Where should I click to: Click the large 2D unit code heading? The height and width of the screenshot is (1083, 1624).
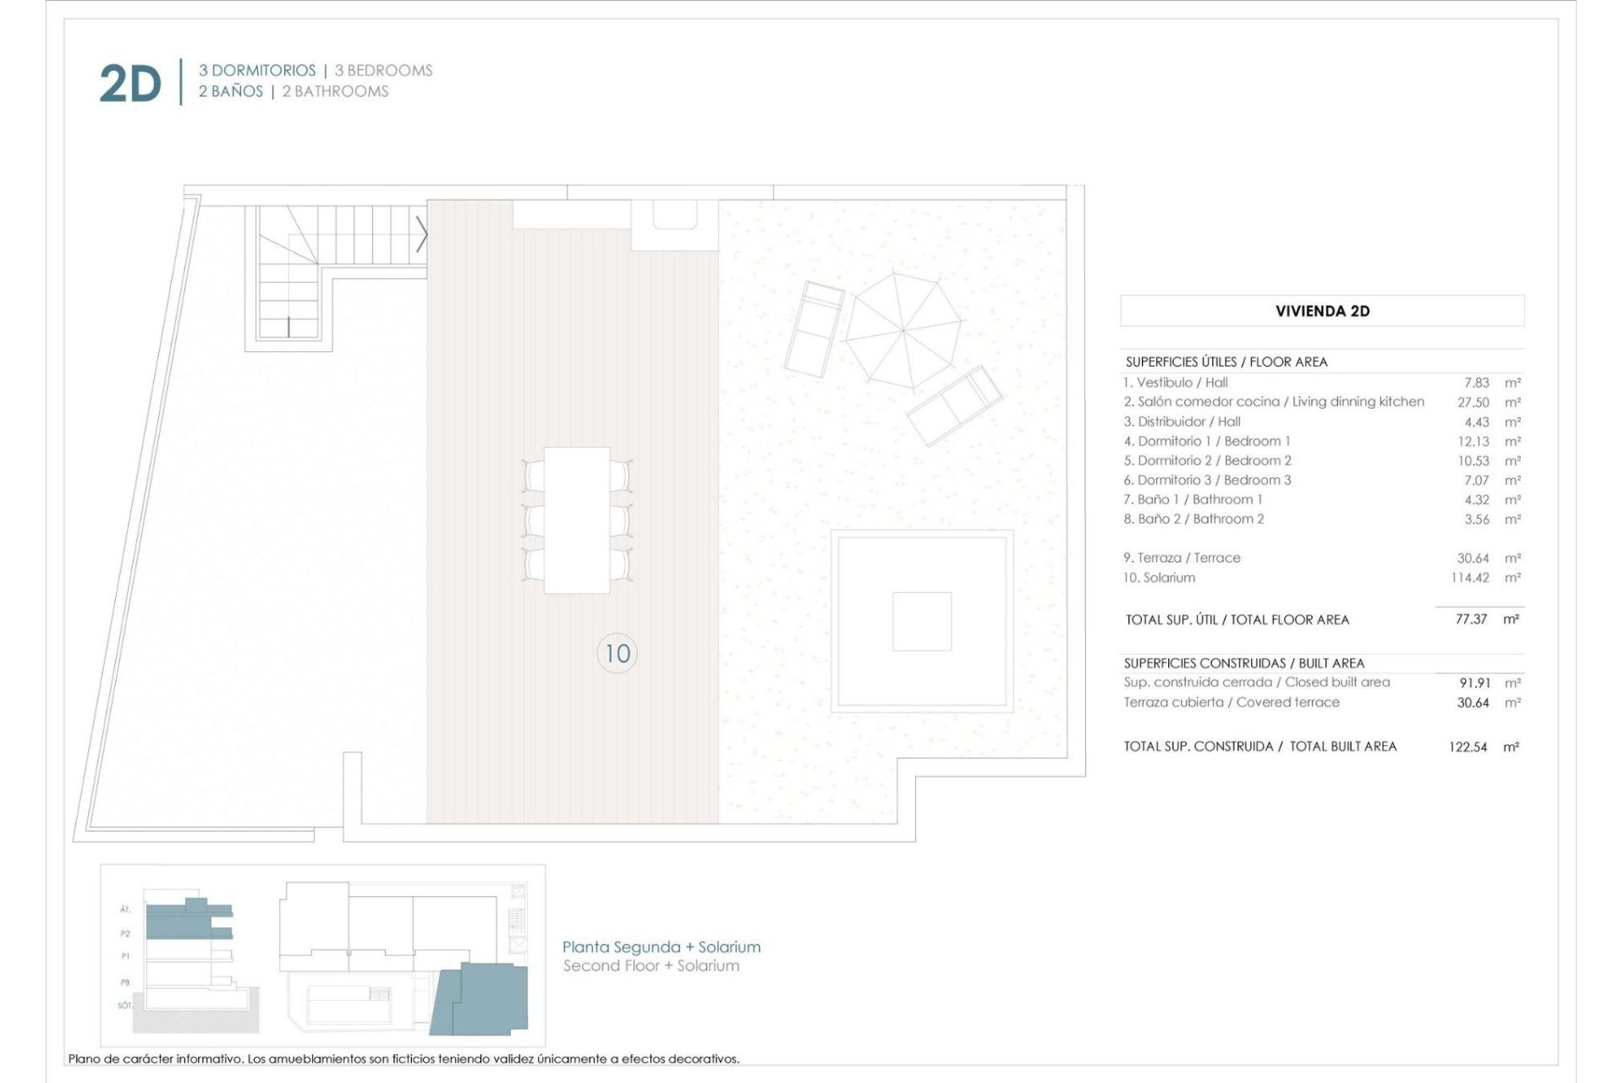click(x=129, y=85)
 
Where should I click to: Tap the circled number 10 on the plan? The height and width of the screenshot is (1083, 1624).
click(x=617, y=653)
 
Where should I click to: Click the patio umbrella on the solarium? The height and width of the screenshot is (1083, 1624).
click(x=903, y=330)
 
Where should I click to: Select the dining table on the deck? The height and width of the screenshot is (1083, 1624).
click(x=577, y=520)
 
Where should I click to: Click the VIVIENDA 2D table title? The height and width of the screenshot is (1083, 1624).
click(x=1322, y=311)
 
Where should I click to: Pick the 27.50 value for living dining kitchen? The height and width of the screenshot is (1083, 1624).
click(x=1473, y=403)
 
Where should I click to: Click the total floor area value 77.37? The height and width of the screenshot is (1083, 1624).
click(x=1471, y=619)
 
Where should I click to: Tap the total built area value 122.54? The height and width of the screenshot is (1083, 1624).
click(x=1468, y=747)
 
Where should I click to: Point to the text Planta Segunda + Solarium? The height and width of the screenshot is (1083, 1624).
click(x=661, y=947)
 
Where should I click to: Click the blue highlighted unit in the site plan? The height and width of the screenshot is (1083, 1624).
click(x=482, y=998)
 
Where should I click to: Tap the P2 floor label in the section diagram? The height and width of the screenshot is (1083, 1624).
click(x=125, y=934)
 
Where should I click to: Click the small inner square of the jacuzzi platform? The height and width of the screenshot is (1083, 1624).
click(x=921, y=621)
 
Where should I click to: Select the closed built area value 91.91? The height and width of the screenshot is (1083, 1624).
click(x=1474, y=683)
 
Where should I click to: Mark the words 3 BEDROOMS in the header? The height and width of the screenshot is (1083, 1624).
click(x=383, y=70)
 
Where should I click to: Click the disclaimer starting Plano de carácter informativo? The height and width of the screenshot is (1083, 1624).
click(x=403, y=1058)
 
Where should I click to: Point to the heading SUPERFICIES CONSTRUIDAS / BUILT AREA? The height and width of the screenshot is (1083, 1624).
click(x=1243, y=663)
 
